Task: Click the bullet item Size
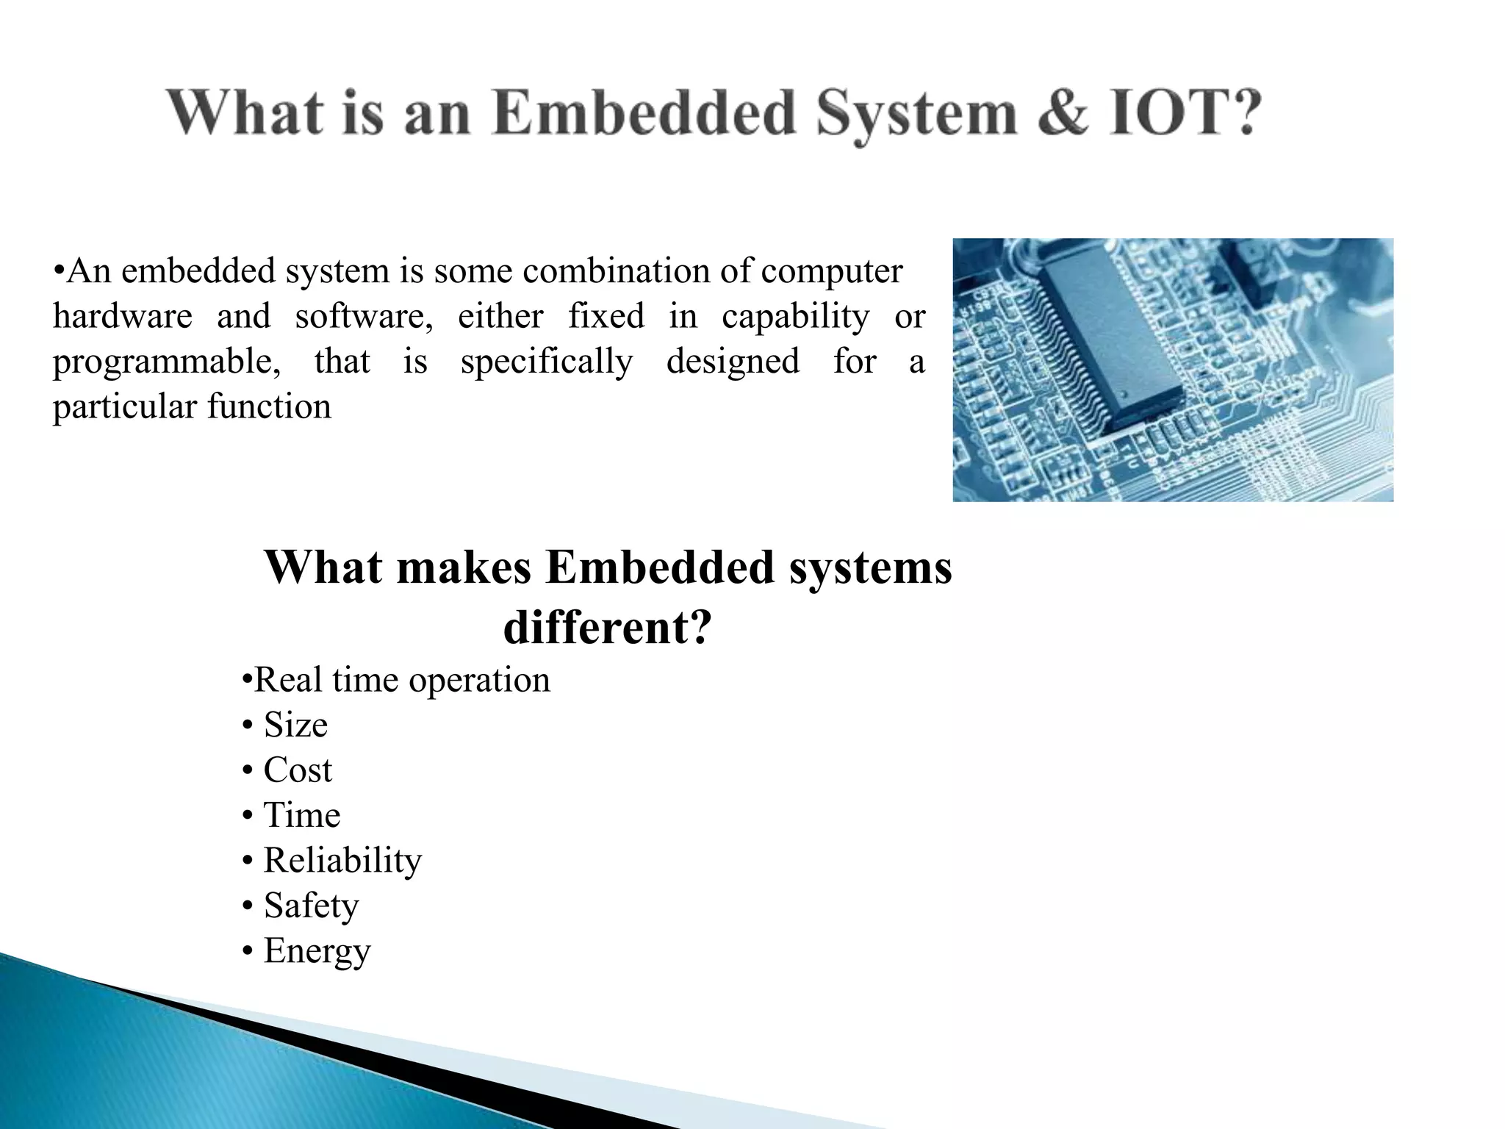295,725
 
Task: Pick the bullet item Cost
297,770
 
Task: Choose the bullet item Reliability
342,860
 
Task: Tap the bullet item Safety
310,906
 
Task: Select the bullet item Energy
316,951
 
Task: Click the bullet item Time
301,815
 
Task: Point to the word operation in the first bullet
479,681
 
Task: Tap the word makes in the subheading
464,567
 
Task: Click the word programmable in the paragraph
166,362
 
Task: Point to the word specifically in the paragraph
546,362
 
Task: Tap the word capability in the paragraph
795,317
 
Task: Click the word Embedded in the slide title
644,114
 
